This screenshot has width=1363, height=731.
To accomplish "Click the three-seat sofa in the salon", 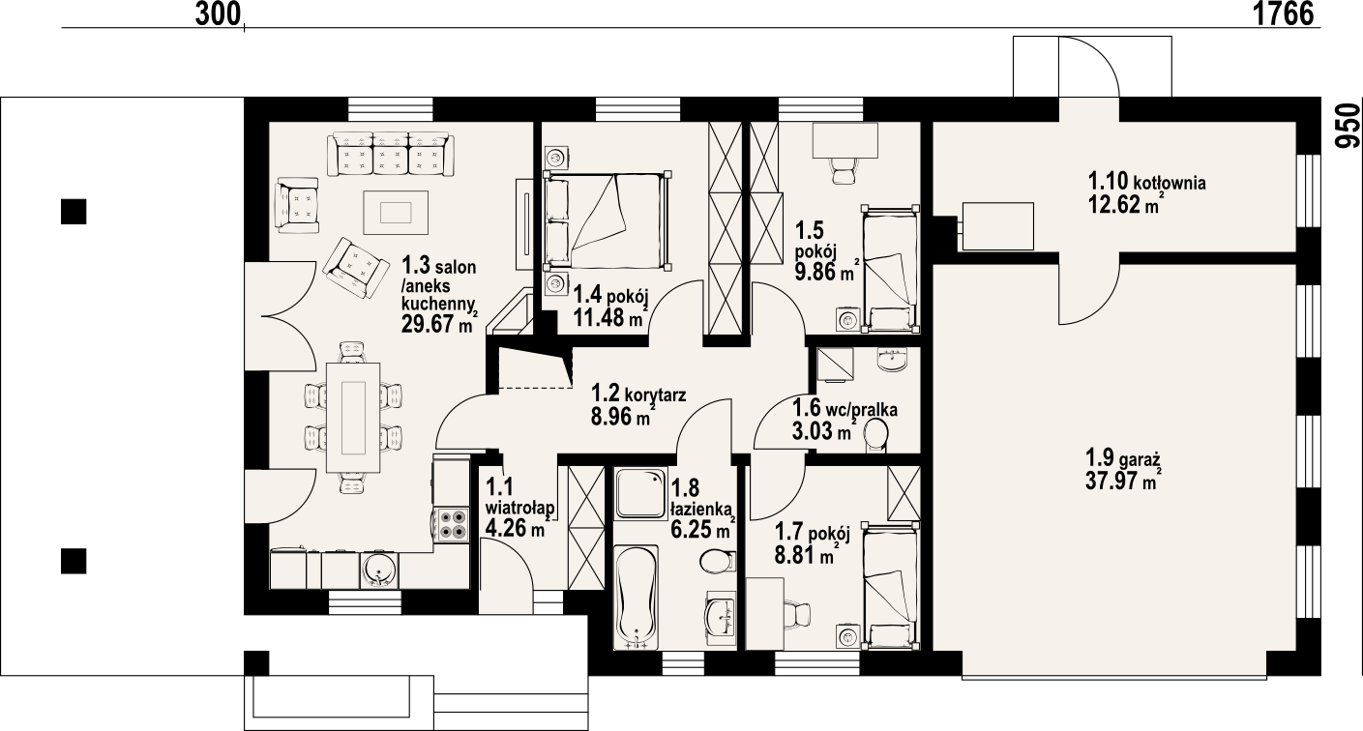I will pyautogui.click(x=391, y=155).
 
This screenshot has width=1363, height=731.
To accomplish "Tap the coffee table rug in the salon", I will pyautogui.click(x=395, y=212).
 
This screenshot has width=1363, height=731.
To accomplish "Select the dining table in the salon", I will pyautogui.click(x=353, y=415).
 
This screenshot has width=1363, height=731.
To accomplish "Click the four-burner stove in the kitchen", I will pyautogui.click(x=452, y=523).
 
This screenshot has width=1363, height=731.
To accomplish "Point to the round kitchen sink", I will pyautogui.click(x=378, y=570).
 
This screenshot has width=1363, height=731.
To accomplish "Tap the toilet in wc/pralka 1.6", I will pyautogui.click(x=877, y=435).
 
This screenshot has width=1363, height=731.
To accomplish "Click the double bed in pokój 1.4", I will pyautogui.click(x=607, y=221).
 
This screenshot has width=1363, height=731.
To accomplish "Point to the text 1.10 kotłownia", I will pyautogui.click(x=1147, y=181).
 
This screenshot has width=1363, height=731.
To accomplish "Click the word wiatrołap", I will pyautogui.click(x=519, y=508).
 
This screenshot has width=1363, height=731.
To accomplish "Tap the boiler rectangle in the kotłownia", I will pyautogui.click(x=997, y=226).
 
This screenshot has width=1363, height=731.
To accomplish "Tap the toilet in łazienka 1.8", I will pyautogui.click(x=716, y=562).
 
